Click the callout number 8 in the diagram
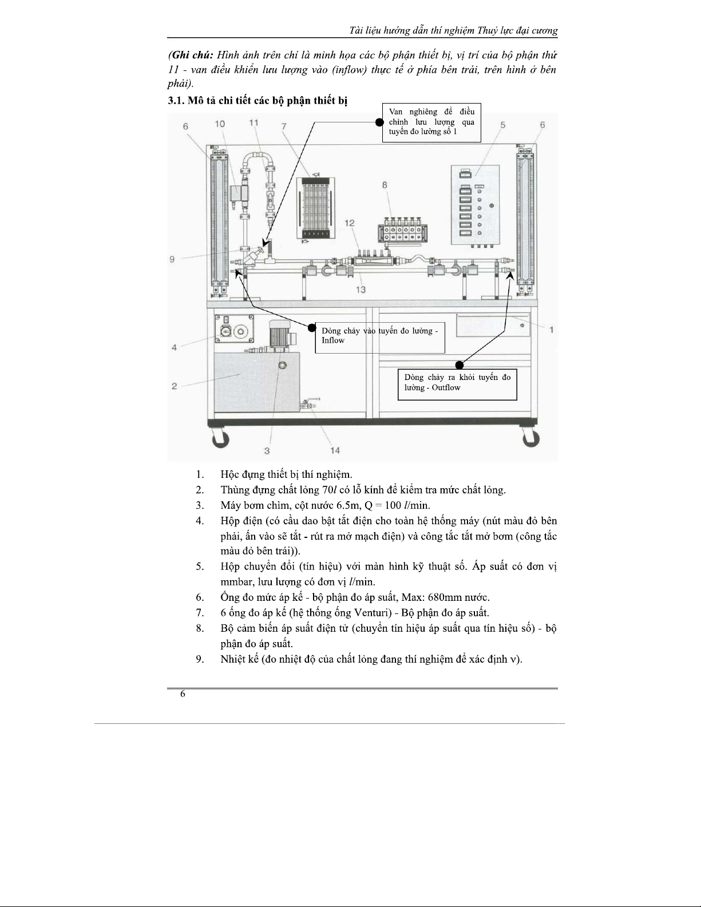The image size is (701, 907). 385,185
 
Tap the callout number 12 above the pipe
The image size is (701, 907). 350,223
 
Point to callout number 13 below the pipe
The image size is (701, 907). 361,289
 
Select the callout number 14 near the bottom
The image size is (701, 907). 335,450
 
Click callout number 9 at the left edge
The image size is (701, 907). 172,259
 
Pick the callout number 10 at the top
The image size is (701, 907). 220,124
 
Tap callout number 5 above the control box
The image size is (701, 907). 503,125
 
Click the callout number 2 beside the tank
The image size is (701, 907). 175,386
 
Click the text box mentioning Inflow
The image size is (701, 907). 380,337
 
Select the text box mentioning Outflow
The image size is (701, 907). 457,385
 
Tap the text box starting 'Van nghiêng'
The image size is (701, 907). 431,122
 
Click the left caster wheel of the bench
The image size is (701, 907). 221,438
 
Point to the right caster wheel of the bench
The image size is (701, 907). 531,438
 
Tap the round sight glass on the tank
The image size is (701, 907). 283,365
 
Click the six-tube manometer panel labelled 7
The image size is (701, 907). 315,208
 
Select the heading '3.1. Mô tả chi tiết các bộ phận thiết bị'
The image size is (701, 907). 258,101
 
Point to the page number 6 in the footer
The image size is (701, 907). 183,694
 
